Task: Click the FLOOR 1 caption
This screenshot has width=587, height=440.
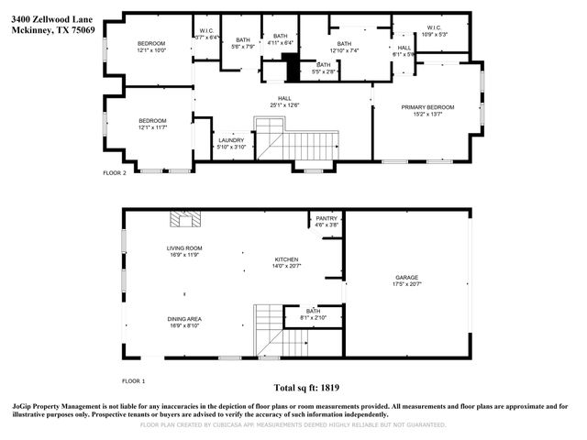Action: tap(134, 379)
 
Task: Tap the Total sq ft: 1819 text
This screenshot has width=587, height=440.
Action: tap(311, 388)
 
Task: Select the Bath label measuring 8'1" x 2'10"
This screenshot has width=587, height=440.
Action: tap(314, 313)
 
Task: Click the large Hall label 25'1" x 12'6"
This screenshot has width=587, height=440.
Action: tap(284, 102)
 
